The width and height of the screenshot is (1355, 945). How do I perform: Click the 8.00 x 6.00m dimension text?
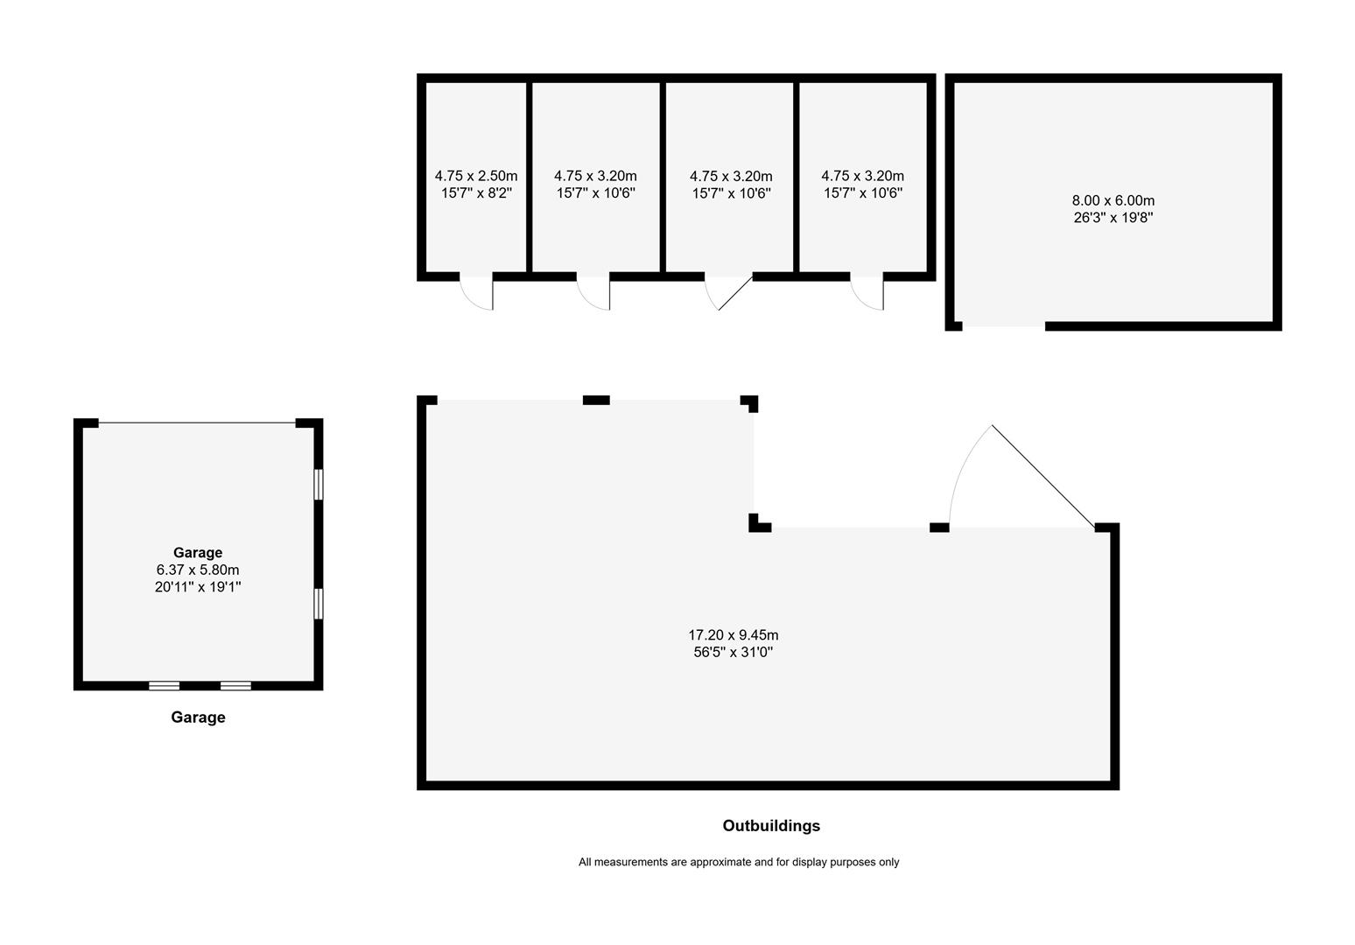tap(1113, 200)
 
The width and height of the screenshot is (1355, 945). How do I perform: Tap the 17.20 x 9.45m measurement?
tap(733, 635)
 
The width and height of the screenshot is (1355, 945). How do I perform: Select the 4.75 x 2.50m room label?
tap(476, 176)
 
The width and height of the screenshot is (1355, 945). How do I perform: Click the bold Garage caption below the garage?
tap(198, 717)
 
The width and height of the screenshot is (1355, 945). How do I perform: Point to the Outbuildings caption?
tap(771, 825)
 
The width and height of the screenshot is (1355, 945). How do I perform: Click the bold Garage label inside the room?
tap(198, 552)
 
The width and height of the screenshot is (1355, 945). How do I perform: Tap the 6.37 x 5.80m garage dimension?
tap(198, 570)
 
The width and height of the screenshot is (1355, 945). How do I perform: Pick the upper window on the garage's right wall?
tap(319, 484)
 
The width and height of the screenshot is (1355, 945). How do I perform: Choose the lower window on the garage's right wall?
tap(319, 604)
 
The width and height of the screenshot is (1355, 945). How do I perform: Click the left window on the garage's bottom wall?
tap(164, 686)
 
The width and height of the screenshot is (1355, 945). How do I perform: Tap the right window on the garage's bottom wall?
tap(235, 686)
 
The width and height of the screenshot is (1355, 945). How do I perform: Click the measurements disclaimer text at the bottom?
tap(738, 862)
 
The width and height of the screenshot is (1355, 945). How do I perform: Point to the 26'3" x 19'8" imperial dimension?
tap(1113, 218)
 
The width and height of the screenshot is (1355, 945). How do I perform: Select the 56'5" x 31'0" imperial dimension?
tap(733, 652)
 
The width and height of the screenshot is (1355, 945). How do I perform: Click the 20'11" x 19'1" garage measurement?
tap(198, 587)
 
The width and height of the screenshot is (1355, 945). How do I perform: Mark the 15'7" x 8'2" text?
tap(476, 192)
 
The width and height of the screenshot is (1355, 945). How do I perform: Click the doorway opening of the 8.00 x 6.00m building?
tap(1004, 326)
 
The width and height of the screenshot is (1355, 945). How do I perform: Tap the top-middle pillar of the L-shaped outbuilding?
tap(596, 400)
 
